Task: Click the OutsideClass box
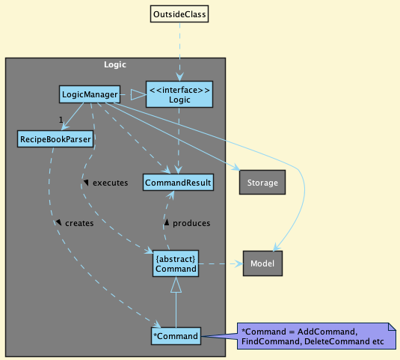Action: [179, 14]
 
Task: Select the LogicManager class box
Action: [90, 94]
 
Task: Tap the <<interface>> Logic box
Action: [179, 94]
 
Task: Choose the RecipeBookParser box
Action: [55, 139]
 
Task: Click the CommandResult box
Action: [178, 183]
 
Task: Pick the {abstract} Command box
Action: [176, 263]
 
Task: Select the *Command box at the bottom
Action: [176, 336]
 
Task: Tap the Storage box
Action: [262, 183]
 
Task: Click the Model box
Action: [262, 263]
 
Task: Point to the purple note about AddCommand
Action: [316, 336]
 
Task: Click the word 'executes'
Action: [110, 183]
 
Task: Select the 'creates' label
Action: [79, 223]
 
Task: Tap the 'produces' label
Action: [191, 223]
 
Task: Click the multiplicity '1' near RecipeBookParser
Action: [61, 120]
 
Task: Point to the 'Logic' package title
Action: [115, 64]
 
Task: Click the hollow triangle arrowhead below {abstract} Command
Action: [176, 285]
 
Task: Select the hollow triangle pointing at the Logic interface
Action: [138, 94]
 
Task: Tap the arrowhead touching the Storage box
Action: [236, 168]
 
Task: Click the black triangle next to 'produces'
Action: [167, 222]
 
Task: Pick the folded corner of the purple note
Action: [393, 326]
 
